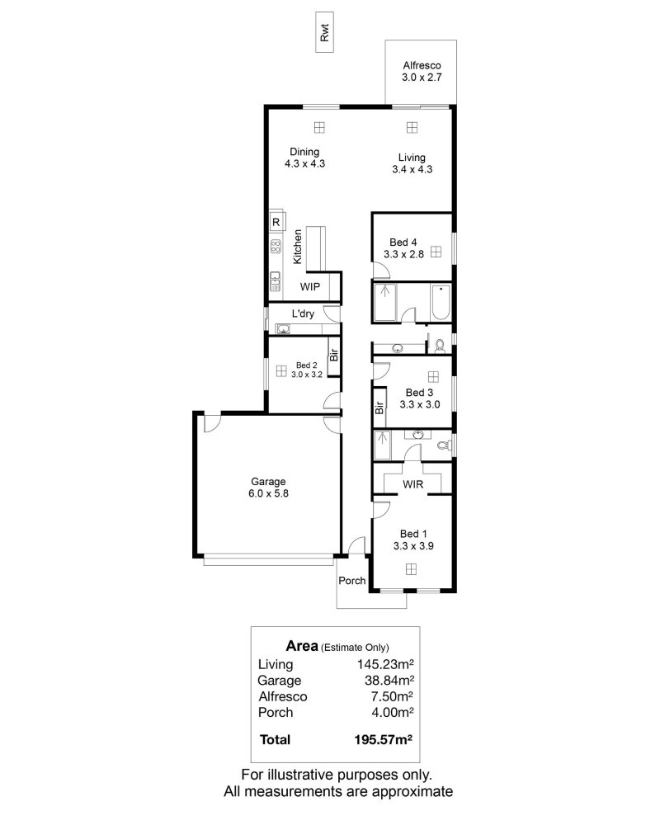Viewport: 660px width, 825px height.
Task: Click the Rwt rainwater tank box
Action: [324, 33]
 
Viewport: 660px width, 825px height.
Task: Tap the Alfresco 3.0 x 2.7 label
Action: [422, 72]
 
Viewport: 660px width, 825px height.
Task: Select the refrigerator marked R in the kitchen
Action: [276, 222]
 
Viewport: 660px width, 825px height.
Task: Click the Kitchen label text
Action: [297, 247]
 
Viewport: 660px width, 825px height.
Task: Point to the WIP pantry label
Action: [310, 287]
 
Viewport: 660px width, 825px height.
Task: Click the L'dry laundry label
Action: [303, 313]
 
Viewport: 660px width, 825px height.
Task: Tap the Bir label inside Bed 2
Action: [333, 355]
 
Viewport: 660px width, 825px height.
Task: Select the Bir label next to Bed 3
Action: [379, 408]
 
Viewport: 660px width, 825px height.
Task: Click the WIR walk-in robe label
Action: [412, 484]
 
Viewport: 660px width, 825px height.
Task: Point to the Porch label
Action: [352, 580]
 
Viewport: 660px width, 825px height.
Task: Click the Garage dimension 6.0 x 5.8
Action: [268, 493]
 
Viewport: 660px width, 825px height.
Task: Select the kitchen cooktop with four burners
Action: [276, 246]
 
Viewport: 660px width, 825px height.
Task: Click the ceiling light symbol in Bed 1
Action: [411, 569]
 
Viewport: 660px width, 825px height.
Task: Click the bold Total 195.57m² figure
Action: [383, 740]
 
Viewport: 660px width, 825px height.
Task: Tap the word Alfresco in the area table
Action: [283, 696]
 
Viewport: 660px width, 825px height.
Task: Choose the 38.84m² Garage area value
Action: [389, 681]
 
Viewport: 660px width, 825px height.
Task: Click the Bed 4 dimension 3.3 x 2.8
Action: [403, 254]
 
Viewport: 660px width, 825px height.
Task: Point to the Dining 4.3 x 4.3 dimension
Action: [304, 163]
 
